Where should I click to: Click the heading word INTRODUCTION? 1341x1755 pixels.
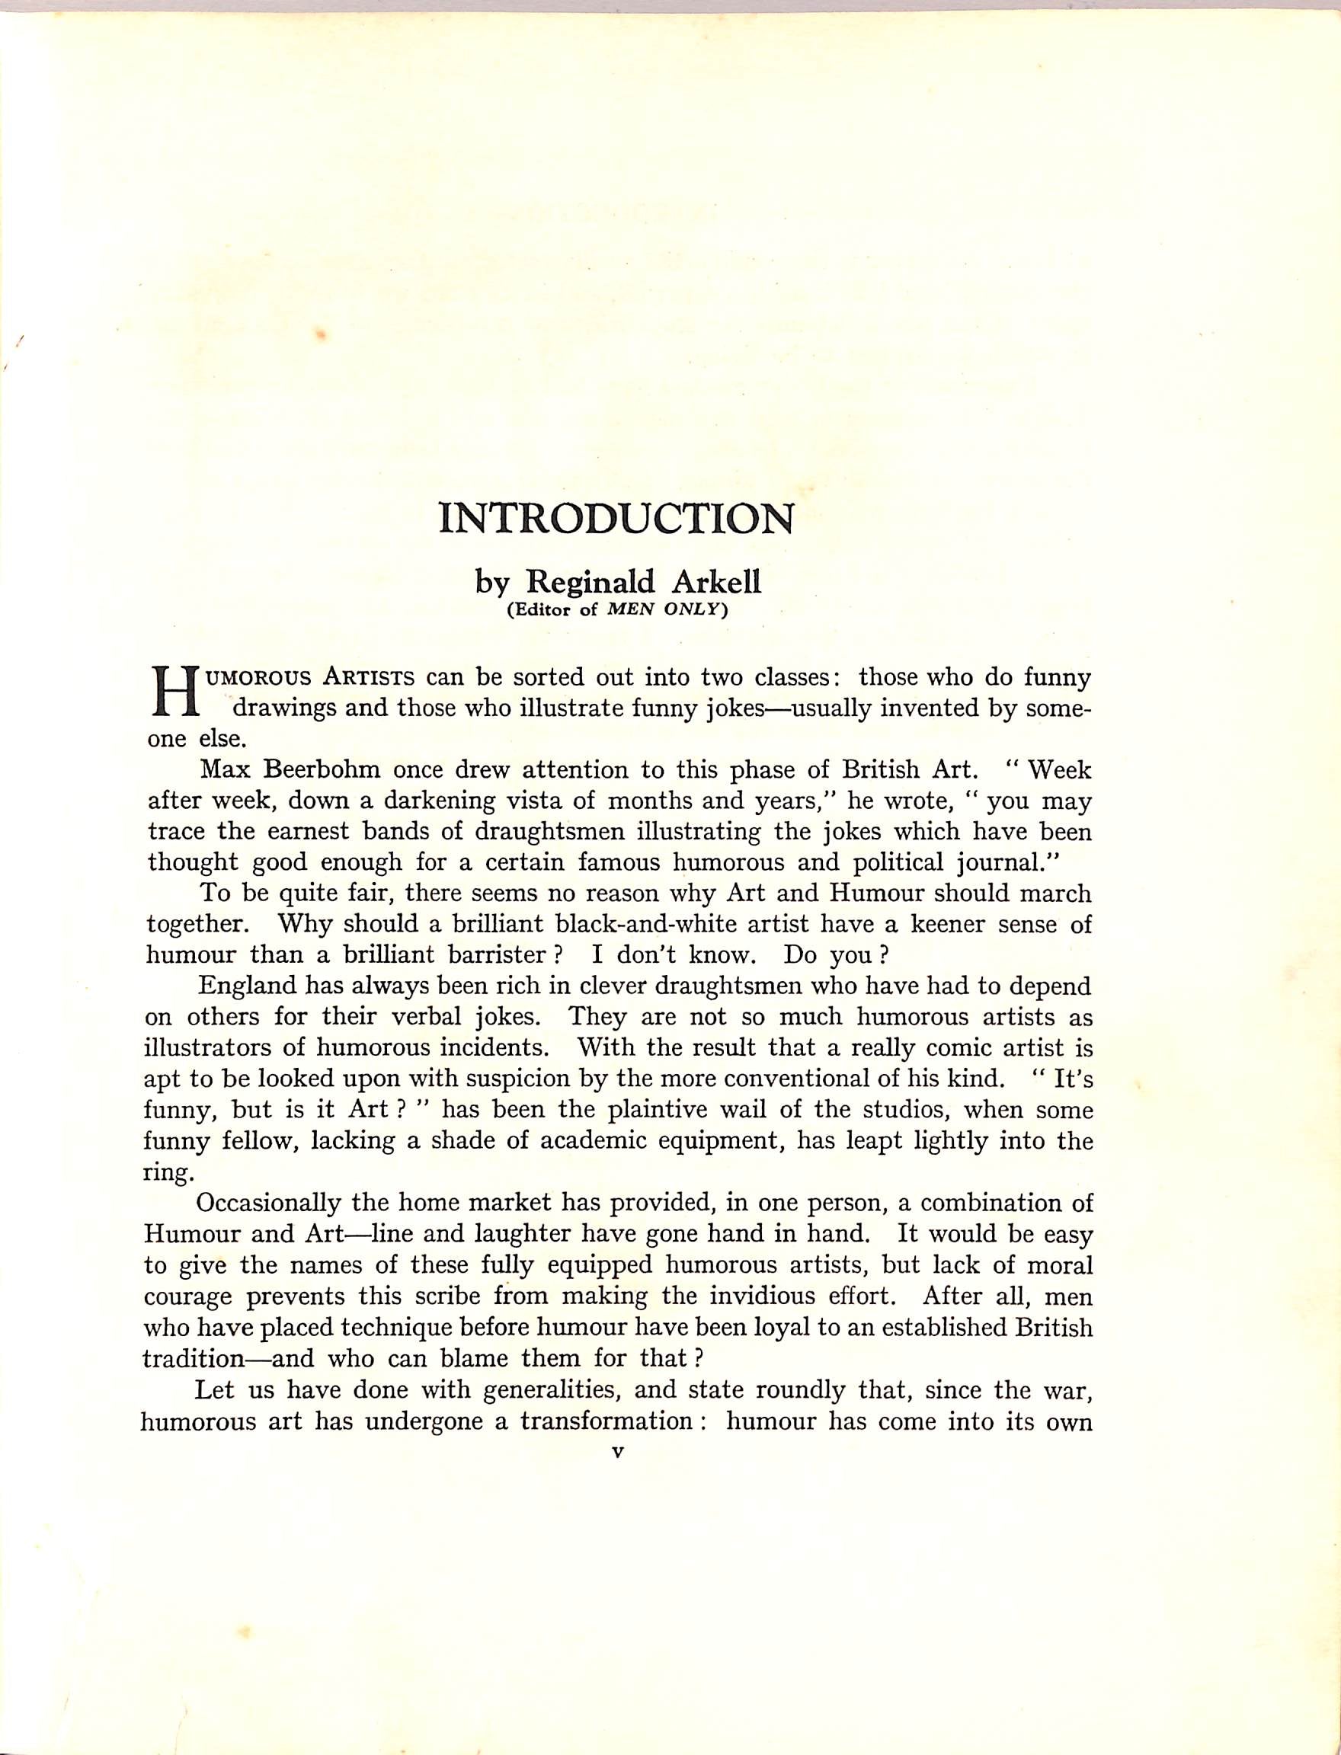(x=617, y=519)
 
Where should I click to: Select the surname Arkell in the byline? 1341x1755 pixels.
(x=716, y=582)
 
